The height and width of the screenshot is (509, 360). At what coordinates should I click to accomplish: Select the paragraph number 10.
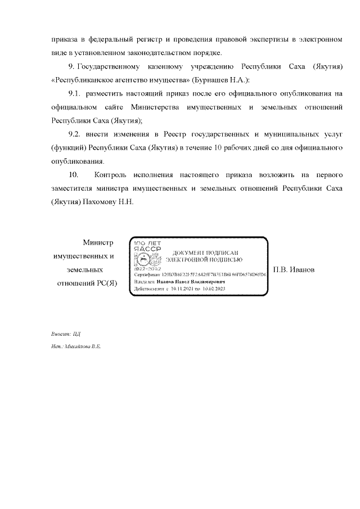(x=74, y=175)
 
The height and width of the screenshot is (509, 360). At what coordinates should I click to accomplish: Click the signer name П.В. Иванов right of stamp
(x=298, y=269)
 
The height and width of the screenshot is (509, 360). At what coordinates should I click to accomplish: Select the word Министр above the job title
(x=98, y=243)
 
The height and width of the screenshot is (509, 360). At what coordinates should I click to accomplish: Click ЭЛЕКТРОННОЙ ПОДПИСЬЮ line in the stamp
(x=205, y=260)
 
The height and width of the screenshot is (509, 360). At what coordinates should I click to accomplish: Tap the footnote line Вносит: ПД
(x=62, y=334)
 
